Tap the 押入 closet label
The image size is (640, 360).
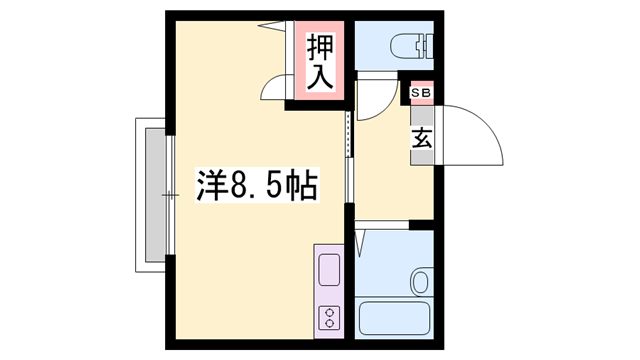pos(319,62)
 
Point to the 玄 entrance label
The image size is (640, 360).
pos(421,137)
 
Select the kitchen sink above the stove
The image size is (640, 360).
pos(328,271)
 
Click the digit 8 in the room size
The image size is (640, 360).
pos(241,186)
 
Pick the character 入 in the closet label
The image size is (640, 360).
pos(319,76)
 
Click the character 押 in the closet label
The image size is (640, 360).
pos(319,47)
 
